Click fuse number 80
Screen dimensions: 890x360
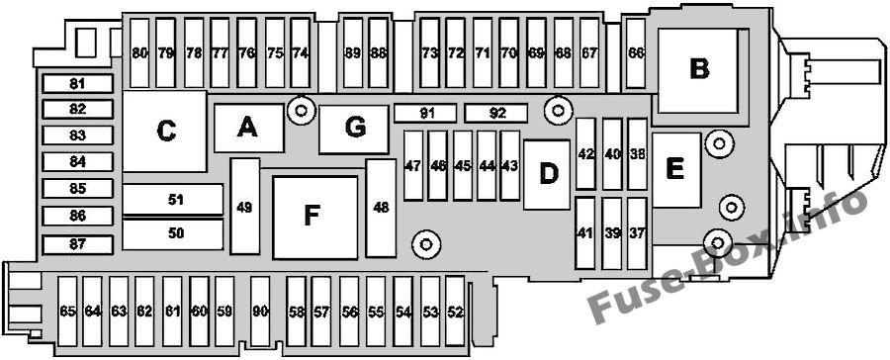139,53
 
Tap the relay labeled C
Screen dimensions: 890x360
164,132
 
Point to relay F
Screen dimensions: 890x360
315,217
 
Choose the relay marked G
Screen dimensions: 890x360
354,129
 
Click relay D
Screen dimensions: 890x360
547,174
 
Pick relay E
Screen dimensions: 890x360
676,170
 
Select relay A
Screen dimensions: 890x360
248,129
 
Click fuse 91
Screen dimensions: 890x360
425,113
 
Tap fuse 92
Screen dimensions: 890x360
496,113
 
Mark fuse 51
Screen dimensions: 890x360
173,200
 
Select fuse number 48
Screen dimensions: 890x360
381,208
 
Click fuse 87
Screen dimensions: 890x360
78,244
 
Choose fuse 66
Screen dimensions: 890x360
636,53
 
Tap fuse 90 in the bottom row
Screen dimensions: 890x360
260,312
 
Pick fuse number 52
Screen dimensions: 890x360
455,312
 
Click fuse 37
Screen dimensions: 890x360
638,233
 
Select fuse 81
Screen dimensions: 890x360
78,84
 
